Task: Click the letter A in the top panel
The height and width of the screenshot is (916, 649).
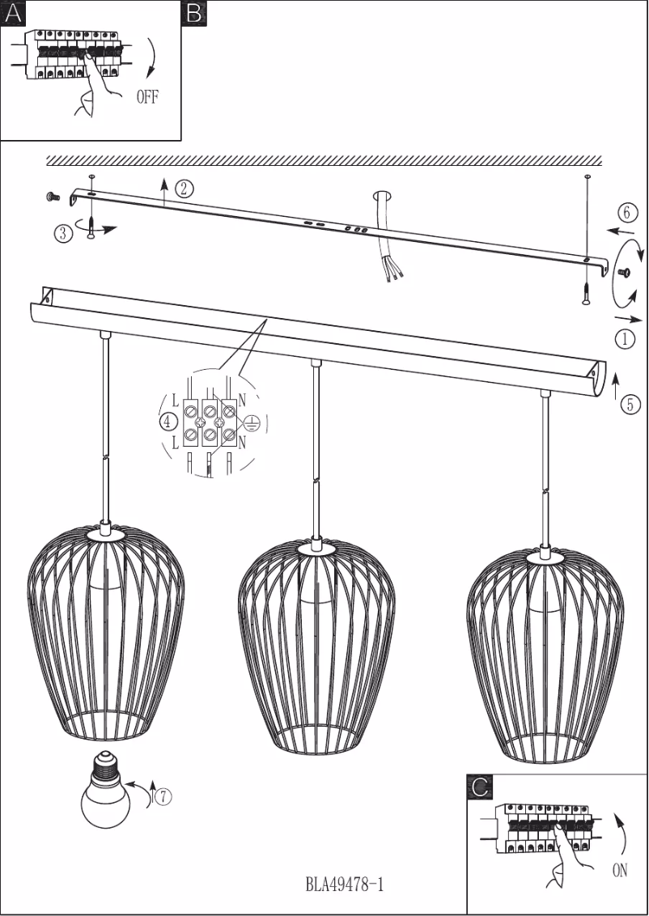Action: (13, 14)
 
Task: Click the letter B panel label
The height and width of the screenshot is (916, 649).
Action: (194, 14)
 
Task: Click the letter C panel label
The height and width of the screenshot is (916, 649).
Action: (480, 787)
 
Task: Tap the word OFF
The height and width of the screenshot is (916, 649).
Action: (147, 97)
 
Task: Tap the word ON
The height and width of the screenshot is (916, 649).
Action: (620, 871)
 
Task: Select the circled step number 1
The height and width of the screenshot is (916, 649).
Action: (625, 339)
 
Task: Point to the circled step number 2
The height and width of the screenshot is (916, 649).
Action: (184, 189)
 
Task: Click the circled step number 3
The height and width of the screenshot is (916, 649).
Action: (64, 234)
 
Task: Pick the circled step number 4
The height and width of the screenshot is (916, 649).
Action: (168, 422)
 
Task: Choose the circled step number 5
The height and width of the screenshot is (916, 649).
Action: (630, 405)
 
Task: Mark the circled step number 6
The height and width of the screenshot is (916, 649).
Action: (627, 213)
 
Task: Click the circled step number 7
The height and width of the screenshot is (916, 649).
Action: (164, 795)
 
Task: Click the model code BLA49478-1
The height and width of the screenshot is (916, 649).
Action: (345, 884)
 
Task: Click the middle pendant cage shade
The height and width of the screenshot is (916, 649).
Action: (316, 648)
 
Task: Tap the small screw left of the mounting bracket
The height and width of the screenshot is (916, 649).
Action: (52, 197)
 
